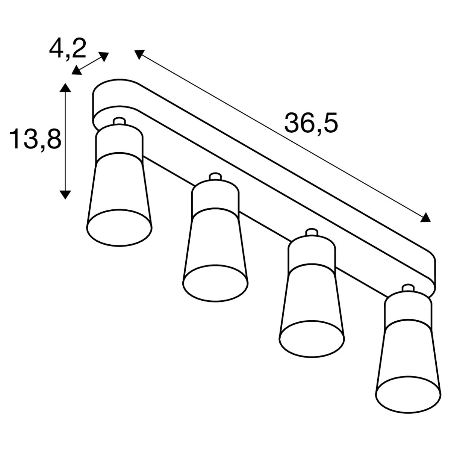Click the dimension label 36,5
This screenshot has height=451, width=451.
click(x=311, y=123)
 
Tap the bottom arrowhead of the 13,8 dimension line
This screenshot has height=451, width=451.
click(x=65, y=194)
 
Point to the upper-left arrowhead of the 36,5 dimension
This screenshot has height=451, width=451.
click(x=139, y=54)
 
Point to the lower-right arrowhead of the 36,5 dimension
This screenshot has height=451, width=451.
click(x=425, y=217)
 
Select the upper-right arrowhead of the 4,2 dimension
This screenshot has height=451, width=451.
click(x=104, y=56)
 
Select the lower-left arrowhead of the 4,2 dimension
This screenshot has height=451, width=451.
click(x=77, y=71)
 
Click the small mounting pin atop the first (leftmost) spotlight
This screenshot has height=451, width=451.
click(x=119, y=121)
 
